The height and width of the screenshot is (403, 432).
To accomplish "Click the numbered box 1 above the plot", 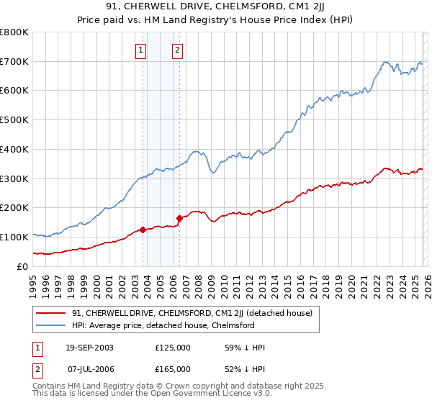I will [x=140, y=50].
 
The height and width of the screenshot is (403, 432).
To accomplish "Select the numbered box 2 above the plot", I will [x=176, y=50].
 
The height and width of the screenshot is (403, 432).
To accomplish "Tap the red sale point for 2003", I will [x=143, y=230].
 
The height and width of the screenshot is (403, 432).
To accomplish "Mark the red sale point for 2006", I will [x=179, y=217].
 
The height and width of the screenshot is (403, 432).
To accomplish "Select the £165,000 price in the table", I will [x=173, y=369].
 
